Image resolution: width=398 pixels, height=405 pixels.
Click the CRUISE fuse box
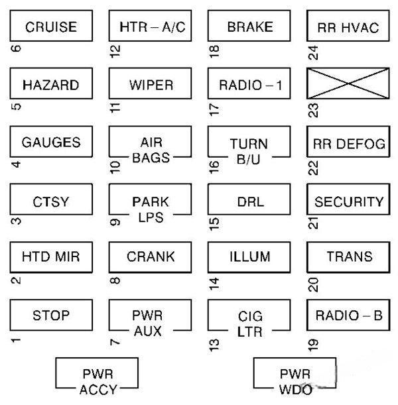point(50,27)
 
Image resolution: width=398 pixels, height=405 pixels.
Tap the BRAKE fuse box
point(249,27)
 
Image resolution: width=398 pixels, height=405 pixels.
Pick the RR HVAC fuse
point(348,27)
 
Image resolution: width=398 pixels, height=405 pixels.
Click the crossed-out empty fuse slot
point(348,85)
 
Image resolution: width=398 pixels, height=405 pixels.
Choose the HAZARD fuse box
point(50,85)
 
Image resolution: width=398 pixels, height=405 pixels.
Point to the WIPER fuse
point(151,85)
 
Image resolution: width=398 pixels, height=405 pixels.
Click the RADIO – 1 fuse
point(249,85)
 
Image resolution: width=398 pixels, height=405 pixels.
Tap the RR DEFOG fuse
point(348,143)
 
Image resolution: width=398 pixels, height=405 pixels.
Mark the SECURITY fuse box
point(348,201)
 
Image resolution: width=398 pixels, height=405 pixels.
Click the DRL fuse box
point(249,201)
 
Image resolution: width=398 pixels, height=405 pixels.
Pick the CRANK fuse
point(151,257)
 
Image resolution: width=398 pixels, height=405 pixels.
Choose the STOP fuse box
point(50,315)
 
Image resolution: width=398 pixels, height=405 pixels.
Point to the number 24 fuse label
point(313,52)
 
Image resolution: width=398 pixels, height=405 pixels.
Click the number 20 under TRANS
point(313,284)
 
